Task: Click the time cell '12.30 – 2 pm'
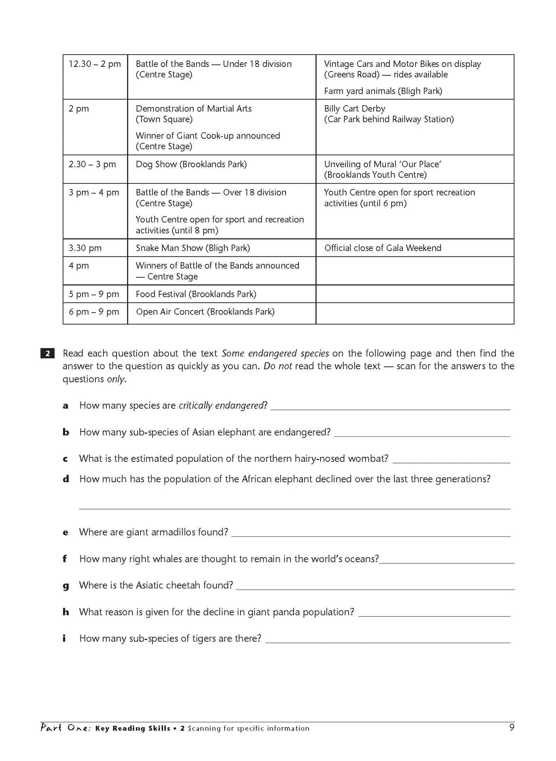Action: [x=95, y=64]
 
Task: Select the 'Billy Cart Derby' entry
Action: [x=354, y=109]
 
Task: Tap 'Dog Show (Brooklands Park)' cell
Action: [x=191, y=165]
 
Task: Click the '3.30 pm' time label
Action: [x=85, y=248]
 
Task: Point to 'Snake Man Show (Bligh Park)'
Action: [x=193, y=248]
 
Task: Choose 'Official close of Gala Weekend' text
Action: [x=382, y=248]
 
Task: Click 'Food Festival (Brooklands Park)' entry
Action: [x=196, y=294]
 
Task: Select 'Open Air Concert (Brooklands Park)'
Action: [x=205, y=312]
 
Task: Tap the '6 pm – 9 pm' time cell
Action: [x=94, y=312]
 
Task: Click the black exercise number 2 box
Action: [x=47, y=353]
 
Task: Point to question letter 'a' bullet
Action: [x=65, y=406]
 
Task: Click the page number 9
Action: [x=511, y=728]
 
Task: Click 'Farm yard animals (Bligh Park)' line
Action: [x=383, y=91]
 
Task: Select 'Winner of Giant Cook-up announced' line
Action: [x=208, y=136]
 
